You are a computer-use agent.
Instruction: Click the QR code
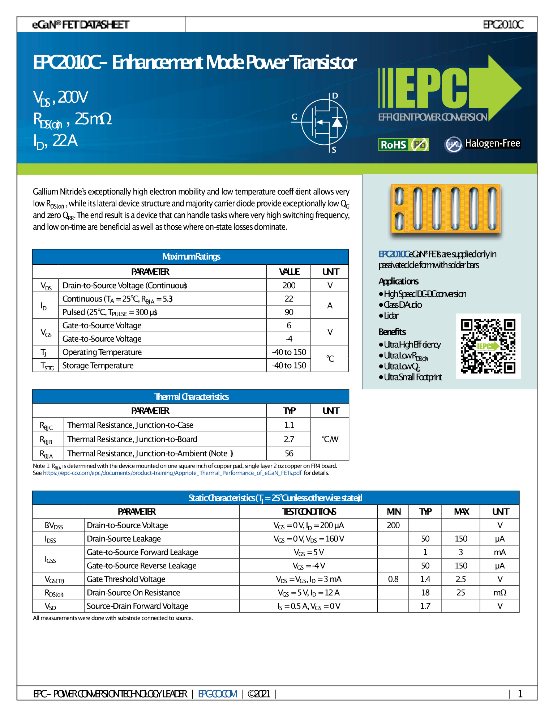488,346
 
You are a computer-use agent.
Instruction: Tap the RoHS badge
403,145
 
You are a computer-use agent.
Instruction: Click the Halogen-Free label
492,144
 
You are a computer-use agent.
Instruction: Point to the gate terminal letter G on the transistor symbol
295,117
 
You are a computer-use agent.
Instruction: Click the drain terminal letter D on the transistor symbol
335,96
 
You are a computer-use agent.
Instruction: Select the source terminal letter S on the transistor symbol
334,150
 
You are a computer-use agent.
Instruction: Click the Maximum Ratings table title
191,257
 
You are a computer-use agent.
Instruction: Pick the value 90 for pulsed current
289,312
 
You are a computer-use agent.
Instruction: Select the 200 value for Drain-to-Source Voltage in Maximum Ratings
289,285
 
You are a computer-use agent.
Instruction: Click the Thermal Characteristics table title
191,397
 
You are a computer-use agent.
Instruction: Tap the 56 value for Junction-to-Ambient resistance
289,453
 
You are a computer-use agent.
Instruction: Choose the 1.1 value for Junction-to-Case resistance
289,425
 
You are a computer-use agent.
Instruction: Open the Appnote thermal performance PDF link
172,473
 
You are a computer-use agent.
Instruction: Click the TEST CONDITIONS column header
309,512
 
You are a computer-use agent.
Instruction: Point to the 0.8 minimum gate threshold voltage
393,579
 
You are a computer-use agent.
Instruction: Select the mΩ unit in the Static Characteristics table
500,593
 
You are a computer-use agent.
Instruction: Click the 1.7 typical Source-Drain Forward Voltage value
425,606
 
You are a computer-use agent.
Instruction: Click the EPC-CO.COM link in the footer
218,694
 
